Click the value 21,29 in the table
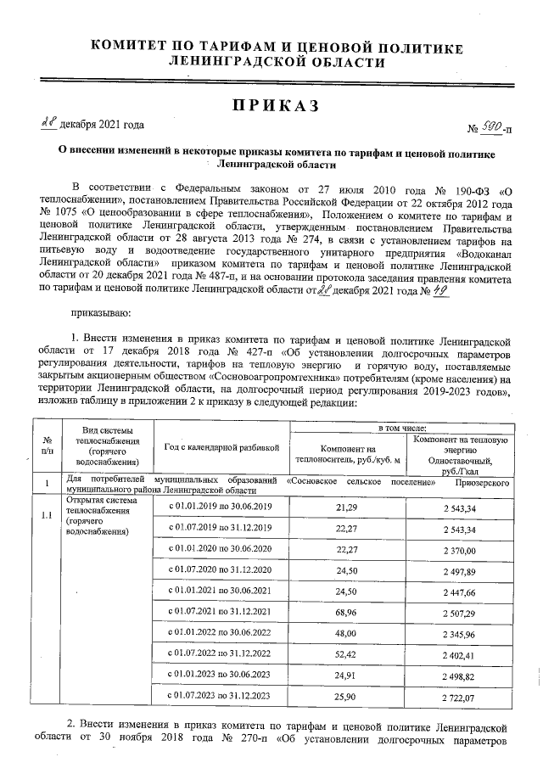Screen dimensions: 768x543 [346, 507]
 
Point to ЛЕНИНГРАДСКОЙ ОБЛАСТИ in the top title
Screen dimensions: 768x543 [277, 62]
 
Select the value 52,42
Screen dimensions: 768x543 [346, 653]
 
